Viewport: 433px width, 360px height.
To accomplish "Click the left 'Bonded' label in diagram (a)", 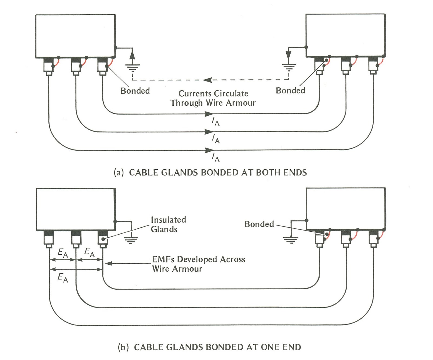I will tap(135, 90).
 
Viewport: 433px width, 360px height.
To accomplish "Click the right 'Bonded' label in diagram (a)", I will tap(290, 90).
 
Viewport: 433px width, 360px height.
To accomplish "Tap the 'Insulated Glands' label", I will tap(168, 224).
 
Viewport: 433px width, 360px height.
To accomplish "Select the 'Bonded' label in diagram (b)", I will tap(259, 224).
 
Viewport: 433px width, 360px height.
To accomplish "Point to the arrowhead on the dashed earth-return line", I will tap(207, 80).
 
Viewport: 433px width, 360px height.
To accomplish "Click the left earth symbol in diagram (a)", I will tap(132, 67).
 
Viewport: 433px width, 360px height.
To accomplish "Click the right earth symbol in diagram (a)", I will tap(289, 67).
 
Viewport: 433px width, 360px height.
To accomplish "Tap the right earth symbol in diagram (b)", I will tap(291, 240).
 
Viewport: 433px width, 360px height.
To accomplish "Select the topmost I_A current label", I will tap(215, 121).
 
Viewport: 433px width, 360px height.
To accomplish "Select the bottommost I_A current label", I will tap(215, 157).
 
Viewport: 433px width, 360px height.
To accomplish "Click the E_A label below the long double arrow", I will tap(63, 278).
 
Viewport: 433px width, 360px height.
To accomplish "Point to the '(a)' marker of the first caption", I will tap(119, 173).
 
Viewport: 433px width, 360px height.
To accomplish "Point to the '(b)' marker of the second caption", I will tap(123, 347).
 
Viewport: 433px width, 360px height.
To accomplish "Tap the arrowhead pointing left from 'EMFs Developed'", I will tap(108, 263).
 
